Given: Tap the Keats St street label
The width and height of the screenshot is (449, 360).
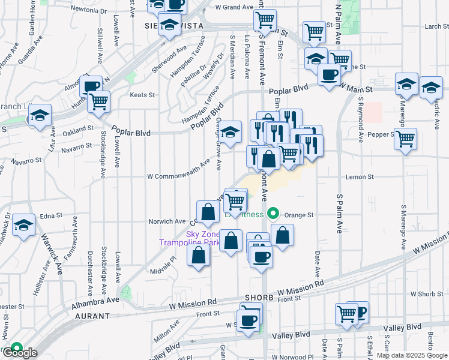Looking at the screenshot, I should point(143,95).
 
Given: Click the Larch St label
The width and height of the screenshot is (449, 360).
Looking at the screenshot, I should point(433,26).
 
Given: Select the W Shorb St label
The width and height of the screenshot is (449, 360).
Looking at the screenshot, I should point(429,293).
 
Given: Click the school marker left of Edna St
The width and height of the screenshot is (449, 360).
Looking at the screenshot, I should point(24,226).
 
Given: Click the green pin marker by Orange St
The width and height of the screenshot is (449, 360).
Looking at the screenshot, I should point(274,214).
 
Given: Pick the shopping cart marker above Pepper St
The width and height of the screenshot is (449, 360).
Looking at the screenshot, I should point(406,139).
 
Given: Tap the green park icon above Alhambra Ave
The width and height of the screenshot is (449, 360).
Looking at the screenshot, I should point(125,292).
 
